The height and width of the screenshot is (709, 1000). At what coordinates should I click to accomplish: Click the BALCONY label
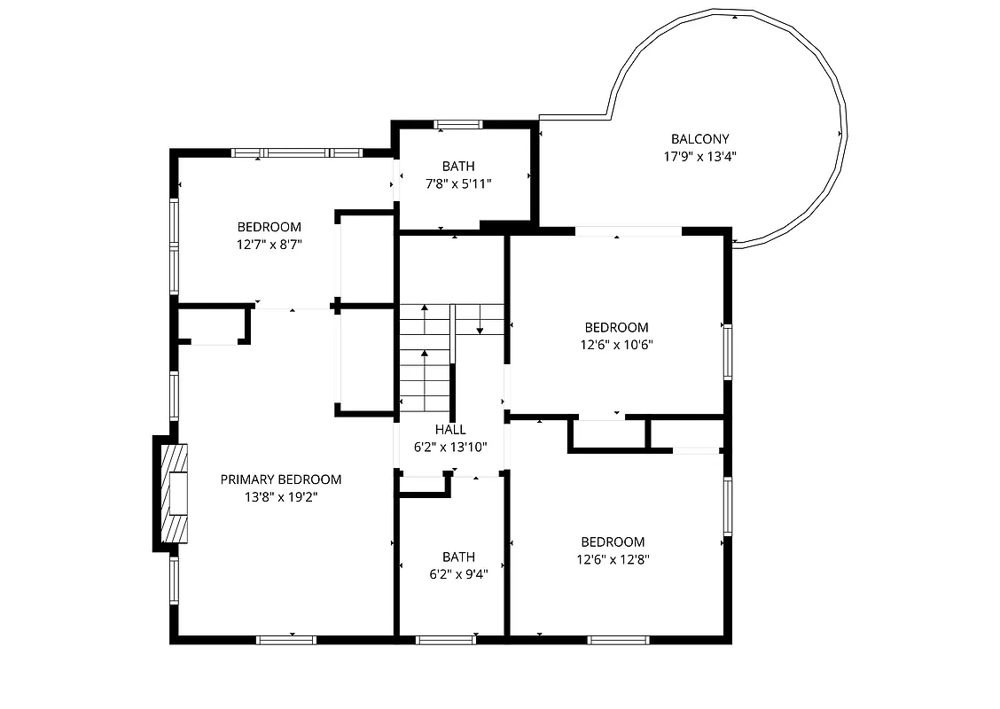tap(699, 139)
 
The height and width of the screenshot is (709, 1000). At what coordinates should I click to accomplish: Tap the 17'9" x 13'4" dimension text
tap(699, 156)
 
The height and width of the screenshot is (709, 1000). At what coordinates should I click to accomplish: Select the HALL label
tap(450, 430)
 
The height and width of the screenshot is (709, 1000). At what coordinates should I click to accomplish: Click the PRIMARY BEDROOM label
tap(280, 479)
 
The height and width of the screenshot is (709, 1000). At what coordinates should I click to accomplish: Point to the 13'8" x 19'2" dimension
tap(280, 497)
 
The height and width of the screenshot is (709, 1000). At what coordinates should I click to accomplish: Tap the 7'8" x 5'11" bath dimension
tap(458, 183)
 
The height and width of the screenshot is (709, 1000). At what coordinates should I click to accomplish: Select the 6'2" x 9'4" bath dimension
tap(458, 573)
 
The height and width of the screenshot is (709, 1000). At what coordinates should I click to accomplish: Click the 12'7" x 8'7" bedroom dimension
tap(269, 245)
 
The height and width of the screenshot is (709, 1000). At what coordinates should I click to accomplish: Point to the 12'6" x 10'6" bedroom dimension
tap(616, 345)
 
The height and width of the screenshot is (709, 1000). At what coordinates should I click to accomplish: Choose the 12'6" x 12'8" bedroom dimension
tap(613, 559)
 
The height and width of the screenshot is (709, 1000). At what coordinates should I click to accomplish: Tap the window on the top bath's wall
tap(458, 125)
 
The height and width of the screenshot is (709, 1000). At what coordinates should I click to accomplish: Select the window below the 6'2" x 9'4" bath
tap(446, 639)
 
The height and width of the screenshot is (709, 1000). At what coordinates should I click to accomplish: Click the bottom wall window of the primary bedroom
tap(286, 639)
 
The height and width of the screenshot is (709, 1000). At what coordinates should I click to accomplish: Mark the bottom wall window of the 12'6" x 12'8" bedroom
tap(618, 639)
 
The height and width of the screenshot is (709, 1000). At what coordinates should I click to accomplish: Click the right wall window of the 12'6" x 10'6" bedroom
tap(727, 352)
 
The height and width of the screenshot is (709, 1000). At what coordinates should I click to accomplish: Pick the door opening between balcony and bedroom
tap(629, 231)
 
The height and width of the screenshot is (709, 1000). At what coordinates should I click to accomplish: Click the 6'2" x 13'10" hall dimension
tap(450, 448)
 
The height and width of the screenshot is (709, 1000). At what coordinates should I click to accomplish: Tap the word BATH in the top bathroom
tap(458, 166)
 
